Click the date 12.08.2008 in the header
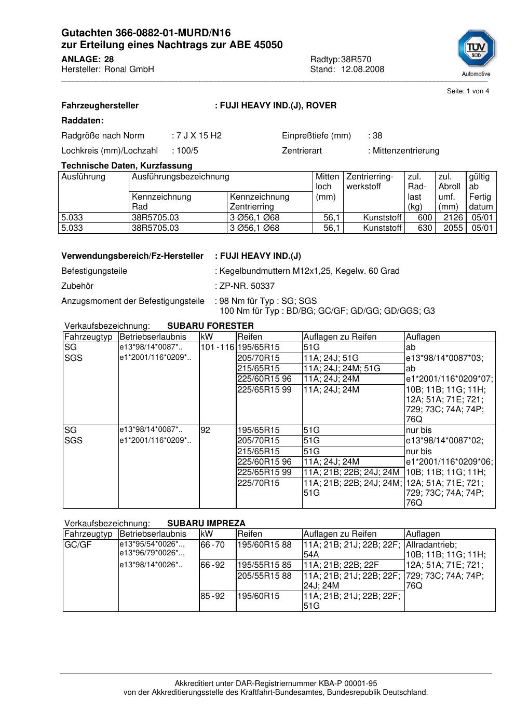(x=362, y=69)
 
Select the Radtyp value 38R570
(x=356, y=60)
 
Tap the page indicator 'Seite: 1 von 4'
(x=468, y=91)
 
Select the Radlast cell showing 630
(x=425, y=228)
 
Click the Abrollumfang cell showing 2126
(x=453, y=218)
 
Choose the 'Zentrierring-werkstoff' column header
(x=370, y=181)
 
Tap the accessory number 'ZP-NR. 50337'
(x=247, y=286)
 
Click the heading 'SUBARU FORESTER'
(x=210, y=326)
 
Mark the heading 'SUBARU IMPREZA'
(x=206, y=524)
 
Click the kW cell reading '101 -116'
(x=218, y=347)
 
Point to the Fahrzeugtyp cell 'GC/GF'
(x=78, y=545)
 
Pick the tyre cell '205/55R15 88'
(x=264, y=576)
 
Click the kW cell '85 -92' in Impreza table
(x=212, y=596)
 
